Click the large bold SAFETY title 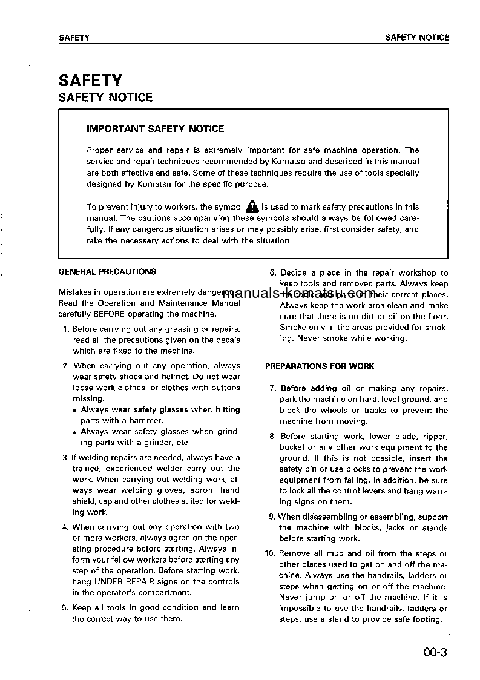[x=90, y=81]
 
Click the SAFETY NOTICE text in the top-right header [x=417, y=38]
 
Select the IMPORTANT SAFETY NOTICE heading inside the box [x=156, y=128]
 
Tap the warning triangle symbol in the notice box [x=252, y=207]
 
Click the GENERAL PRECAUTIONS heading [x=107, y=272]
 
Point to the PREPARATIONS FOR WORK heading [x=320, y=366]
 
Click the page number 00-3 [x=435, y=653]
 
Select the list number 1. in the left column [x=66, y=329]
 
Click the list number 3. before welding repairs [x=66, y=457]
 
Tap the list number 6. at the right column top [x=272, y=273]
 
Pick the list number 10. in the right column [x=271, y=553]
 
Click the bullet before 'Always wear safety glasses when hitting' [x=74, y=411]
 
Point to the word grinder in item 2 [x=153, y=443]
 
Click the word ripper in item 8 [x=435, y=436]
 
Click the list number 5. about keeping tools [x=66, y=607]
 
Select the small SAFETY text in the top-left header [x=74, y=38]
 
